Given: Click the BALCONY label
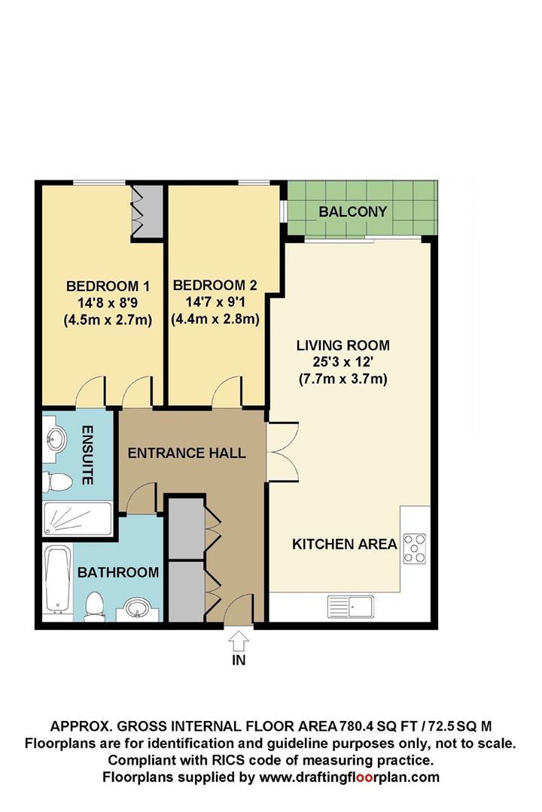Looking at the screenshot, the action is coord(353,211).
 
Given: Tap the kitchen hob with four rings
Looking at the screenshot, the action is coord(415,548).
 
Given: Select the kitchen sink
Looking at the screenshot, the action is coord(351,606).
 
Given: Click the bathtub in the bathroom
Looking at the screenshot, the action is coord(57,580).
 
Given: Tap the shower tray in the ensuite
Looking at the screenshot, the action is coord(77,519).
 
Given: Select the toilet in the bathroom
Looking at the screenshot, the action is coord(94,606).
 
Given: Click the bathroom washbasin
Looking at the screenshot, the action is coord(137,609).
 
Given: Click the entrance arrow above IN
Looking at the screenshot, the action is coord(239,641).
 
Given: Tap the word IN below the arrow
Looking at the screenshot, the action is coord(239,660).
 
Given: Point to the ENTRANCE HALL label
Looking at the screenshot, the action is coord(187,453).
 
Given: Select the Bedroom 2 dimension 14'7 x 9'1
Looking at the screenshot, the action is coord(215,302).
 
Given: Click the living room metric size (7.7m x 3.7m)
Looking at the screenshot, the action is coord(343,379).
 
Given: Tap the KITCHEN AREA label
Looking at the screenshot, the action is coord(344,544).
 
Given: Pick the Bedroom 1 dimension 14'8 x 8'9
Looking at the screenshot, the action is coord(108,302).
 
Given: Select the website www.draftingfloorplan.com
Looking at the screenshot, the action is coord(349,777).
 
